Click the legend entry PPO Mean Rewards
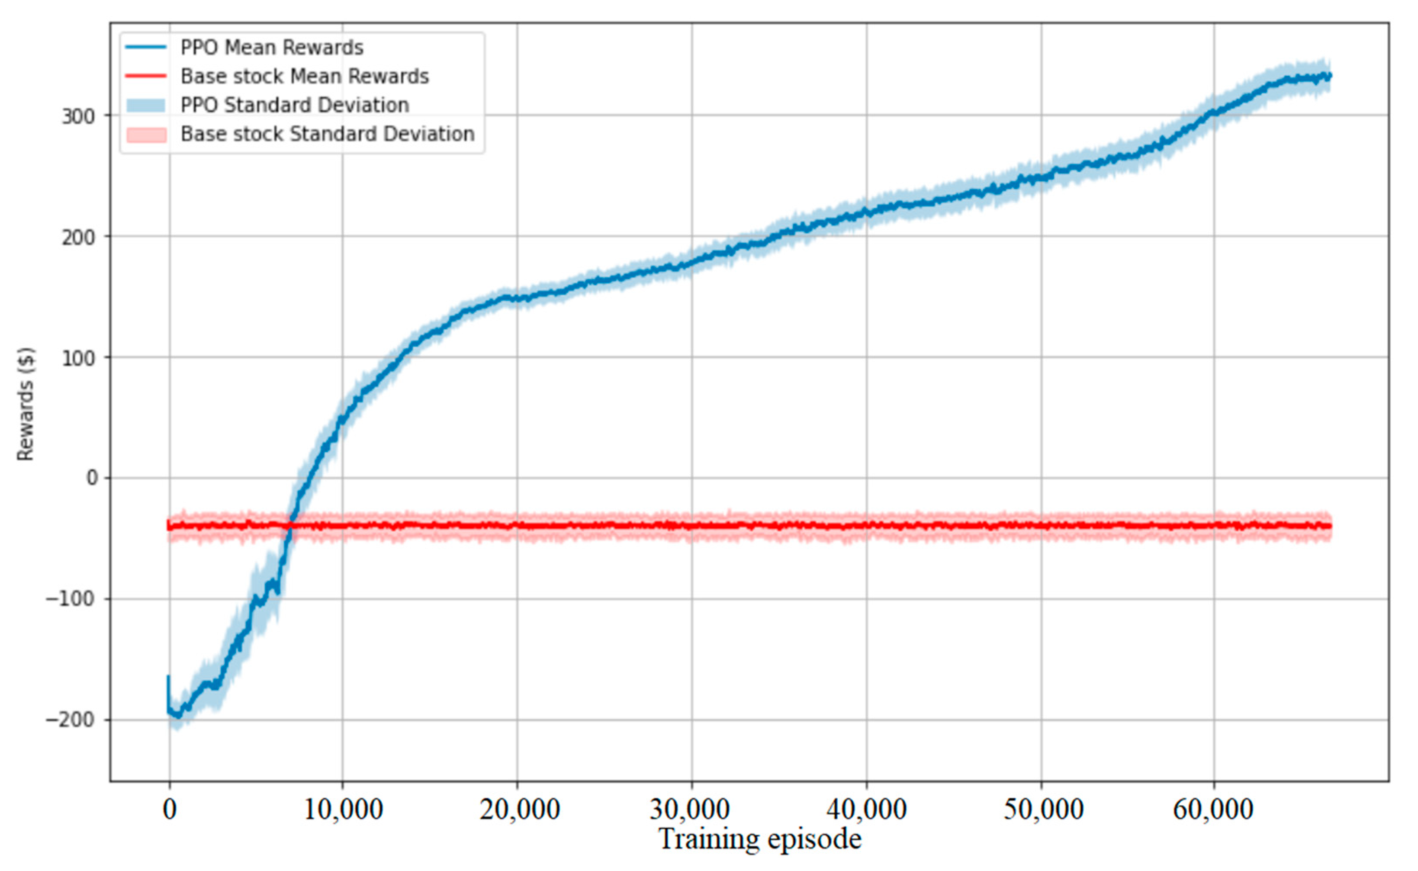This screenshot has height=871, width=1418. click(x=271, y=47)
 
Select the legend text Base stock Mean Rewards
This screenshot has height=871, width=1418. click(x=305, y=76)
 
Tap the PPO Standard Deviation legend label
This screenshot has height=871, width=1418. click(x=294, y=105)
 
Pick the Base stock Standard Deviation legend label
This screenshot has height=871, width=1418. click(x=327, y=134)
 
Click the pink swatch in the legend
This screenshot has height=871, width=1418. click(x=146, y=134)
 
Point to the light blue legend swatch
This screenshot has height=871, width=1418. click(x=146, y=106)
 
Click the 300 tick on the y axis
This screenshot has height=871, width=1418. click(x=78, y=116)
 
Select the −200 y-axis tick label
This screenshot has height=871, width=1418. click(x=70, y=720)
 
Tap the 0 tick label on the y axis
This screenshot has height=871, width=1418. click(x=92, y=478)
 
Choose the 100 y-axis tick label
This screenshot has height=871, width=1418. click(x=78, y=358)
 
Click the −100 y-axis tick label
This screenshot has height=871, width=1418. click(x=70, y=599)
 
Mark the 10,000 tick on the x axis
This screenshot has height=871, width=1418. click(x=343, y=810)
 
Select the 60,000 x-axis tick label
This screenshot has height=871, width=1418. click(x=1213, y=810)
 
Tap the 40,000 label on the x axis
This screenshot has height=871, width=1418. click(x=866, y=810)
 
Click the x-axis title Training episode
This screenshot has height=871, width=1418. click(x=760, y=839)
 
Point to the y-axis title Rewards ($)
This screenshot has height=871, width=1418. click(x=26, y=403)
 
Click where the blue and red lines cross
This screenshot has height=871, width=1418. click(x=290, y=525)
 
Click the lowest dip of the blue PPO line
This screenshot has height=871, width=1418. click(x=177, y=716)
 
